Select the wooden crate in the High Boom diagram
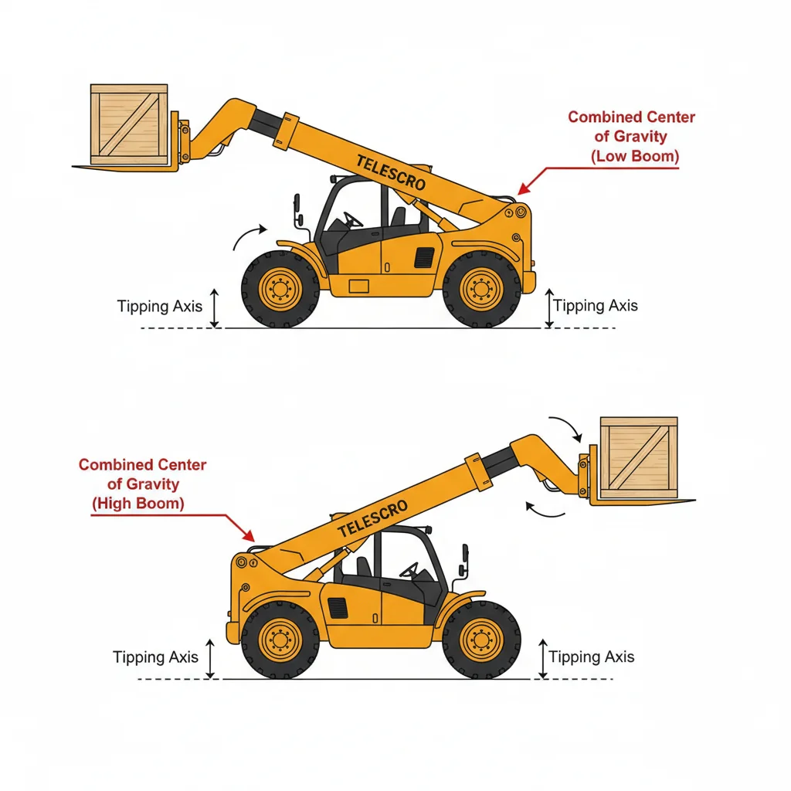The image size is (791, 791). [639, 457]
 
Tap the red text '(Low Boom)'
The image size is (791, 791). [634, 156]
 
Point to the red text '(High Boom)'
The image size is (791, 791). [138, 504]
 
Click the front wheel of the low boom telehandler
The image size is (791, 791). [280, 290]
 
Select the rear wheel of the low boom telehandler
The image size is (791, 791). [481, 290]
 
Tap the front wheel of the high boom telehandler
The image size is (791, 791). [481, 640]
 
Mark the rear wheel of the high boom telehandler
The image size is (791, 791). [280, 640]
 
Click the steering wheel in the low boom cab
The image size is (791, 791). [353, 220]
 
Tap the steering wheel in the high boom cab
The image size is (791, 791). [409, 570]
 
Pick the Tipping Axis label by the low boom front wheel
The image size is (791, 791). [159, 306]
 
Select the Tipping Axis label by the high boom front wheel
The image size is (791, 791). [591, 657]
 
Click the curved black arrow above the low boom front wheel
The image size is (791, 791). [249, 236]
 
